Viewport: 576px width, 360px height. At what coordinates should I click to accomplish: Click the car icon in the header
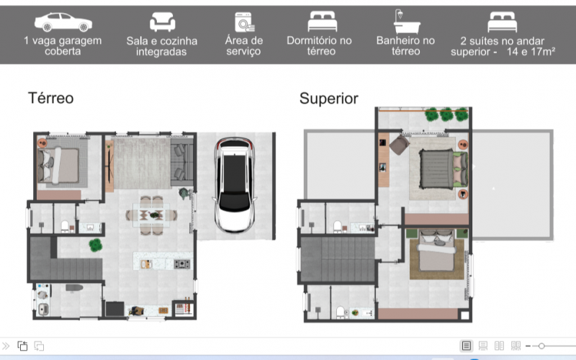[x=63, y=22]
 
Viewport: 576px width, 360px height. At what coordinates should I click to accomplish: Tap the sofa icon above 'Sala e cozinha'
[x=162, y=22]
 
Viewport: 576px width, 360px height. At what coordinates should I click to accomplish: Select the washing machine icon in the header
[x=245, y=22]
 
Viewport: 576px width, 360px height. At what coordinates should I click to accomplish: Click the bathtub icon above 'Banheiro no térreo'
[x=406, y=22]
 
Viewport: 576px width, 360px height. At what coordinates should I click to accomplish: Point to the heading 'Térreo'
[x=50, y=98]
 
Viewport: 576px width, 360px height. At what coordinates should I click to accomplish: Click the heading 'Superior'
[x=329, y=99]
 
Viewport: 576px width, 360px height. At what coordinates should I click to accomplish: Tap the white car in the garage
[x=235, y=185]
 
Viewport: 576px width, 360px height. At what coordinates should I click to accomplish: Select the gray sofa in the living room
[x=182, y=161]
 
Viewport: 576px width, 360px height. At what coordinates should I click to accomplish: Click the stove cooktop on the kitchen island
[x=182, y=264]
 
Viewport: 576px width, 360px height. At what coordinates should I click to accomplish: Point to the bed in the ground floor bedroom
[x=58, y=166]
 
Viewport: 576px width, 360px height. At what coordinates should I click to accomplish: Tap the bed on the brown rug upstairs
[x=436, y=250]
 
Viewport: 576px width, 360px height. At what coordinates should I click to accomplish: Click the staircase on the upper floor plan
[x=338, y=259]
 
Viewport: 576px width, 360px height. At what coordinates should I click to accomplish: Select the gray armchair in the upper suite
[x=400, y=145]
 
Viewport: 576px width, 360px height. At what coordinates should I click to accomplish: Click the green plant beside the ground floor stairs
[x=96, y=245]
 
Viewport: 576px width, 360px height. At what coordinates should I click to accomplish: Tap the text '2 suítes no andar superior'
[x=502, y=46]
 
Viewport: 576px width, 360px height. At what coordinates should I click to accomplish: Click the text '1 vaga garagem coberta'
[x=63, y=45]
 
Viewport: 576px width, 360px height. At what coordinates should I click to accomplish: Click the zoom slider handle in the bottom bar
[x=541, y=346]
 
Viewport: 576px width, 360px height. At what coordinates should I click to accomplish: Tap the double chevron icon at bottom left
[x=6, y=346]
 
